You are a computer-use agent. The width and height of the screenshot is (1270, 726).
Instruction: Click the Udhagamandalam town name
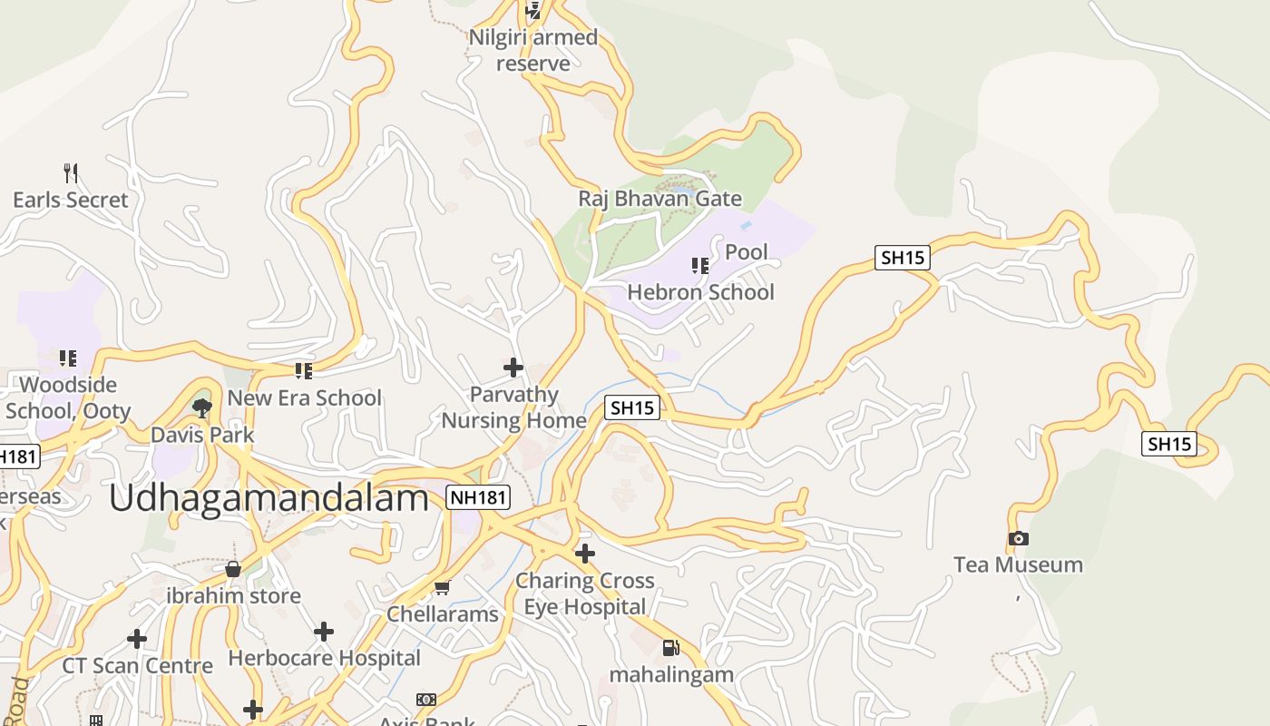pyautogui.click(x=269, y=499)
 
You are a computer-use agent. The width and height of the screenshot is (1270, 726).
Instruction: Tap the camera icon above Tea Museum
pyautogui.click(x=1018, y=539)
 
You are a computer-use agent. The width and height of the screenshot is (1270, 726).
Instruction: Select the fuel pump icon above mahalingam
pyautogui.click(x=670, y=648)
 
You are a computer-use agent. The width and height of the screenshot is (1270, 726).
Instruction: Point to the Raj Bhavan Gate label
pyautogui.click(x=660, y=199)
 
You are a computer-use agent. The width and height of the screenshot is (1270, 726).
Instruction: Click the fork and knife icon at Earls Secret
pyautogui.click(x=71, y=172)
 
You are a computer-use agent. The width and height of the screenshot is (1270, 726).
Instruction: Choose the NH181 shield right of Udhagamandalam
pyautogui.click(x=478, y=496)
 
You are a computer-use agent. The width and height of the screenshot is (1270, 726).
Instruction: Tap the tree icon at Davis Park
pyautogui.click(x=202, y=407)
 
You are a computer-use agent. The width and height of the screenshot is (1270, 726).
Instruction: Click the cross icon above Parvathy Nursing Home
pyautogui.click(x=513, y=368)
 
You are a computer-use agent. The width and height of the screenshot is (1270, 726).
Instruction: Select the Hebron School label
pyautogui.click(x=701, y=292)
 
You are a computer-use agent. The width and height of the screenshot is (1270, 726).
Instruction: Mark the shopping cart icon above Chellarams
pyautogui.click(x=443, y=588)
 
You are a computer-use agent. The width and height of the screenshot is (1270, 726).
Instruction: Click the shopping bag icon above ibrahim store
pyautogui.click(x=233, y=569)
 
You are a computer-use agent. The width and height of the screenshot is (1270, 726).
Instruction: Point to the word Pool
pyautogui.click(x=747, y=252)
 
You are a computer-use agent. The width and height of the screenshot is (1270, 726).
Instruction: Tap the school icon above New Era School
pyautogui.click(x=303, y=370)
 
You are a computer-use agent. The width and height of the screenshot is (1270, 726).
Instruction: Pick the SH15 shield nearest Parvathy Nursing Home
pyautogui.click(x=632, y=408)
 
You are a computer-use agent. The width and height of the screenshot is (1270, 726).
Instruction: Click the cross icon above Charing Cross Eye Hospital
pyautogui.click(x=585, y=553)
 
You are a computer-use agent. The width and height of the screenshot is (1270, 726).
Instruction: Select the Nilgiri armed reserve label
pyautogui.click(x=533, y=50)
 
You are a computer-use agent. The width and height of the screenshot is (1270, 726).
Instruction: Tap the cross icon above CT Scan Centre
pyautogui.click(x=137, y=639)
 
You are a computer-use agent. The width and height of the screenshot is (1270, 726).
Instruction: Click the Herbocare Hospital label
pyautogui.click(x=325, y=658)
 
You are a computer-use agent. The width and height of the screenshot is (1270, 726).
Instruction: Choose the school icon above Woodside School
pyautogui.click(x=67, y=358)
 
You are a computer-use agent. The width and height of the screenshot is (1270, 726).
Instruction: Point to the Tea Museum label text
pyautogui.click(x=1018, y=564)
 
